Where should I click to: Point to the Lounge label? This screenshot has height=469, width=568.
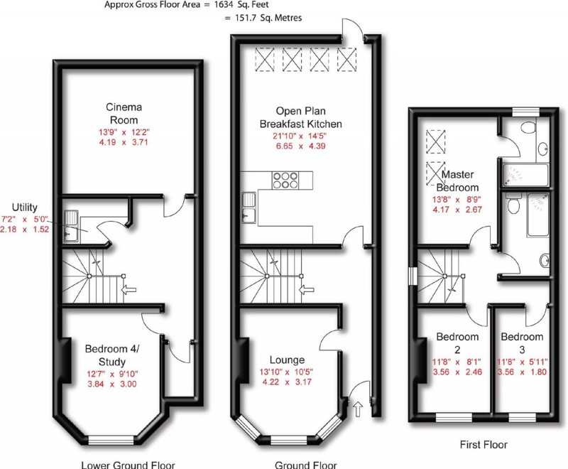click(288, 360)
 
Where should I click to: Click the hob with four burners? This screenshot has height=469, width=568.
click(285, 180)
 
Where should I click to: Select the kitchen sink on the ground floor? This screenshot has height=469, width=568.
click(248, 207)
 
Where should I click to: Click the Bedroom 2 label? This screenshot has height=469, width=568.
click(457, 343)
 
